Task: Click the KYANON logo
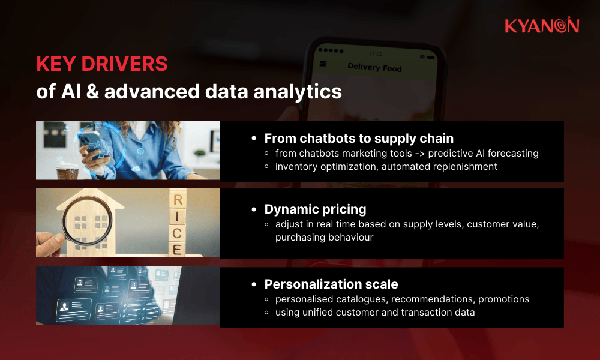tap(542, 25)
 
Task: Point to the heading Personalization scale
tap(331, 284)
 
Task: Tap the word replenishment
tap(461, 167)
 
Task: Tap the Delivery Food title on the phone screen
tap(374, 67)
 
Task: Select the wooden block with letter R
tap(177, 199)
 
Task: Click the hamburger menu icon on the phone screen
tap(323, 64)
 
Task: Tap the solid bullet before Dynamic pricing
tap(254, 210)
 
